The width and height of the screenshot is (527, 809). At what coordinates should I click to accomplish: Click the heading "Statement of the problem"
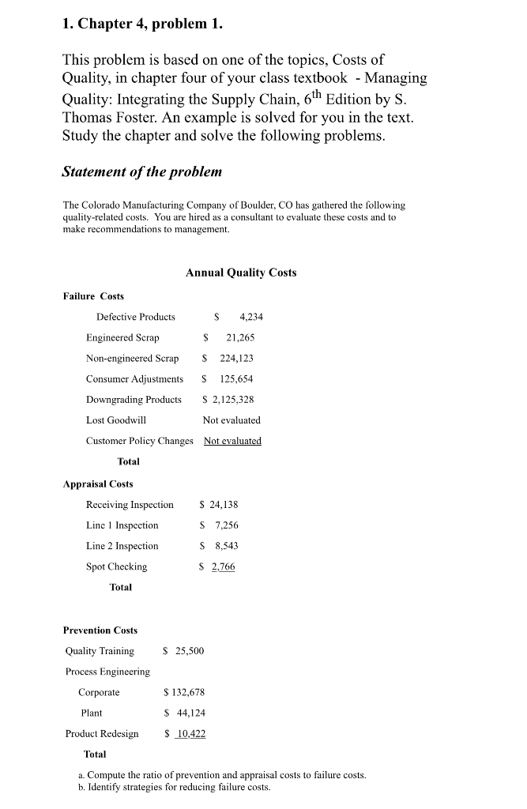click(142, 171)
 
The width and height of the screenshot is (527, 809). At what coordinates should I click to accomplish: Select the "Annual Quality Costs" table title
click(241, 273)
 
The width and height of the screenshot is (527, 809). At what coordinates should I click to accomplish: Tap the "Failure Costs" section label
click(93, 296)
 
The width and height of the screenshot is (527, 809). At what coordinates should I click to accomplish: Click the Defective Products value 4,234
click(250, 317)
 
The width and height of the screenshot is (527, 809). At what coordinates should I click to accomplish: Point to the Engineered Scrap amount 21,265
click(240, 337)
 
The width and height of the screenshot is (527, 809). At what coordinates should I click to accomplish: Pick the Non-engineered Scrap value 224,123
click(236, 358)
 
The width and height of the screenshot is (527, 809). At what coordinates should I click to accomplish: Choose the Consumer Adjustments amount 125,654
click(236, 378)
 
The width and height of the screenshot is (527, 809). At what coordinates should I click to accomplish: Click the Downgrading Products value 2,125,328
click(232, 400)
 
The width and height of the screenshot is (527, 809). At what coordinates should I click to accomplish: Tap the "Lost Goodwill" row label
click(116, 420)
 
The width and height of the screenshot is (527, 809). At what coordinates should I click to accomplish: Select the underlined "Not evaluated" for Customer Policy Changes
click(232, 441)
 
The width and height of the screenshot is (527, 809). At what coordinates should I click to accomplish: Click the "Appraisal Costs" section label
click(98, 484)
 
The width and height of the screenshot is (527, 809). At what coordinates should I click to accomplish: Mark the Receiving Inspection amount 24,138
click(223, 504)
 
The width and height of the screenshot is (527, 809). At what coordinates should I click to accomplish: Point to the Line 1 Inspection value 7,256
click(227, 525)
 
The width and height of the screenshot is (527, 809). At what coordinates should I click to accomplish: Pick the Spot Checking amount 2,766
click(223, 566)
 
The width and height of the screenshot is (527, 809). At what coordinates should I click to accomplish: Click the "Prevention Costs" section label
click(100, 630)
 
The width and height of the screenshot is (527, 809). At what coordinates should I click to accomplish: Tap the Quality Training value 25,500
click(187, 651)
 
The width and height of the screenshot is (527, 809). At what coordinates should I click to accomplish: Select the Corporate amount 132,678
click(188, 692)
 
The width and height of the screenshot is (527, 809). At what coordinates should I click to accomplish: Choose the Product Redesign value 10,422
click(190, 734)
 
